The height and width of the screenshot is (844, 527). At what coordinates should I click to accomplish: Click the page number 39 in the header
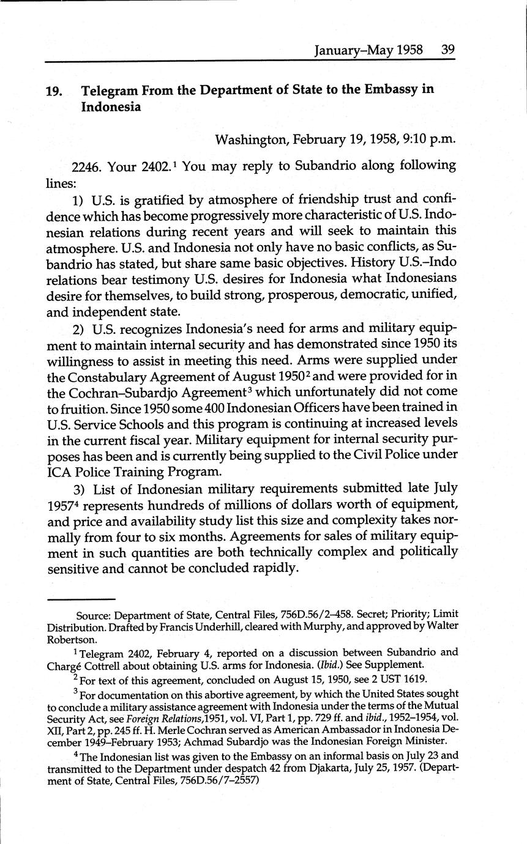pyautogui.click(x=447, y=50)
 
